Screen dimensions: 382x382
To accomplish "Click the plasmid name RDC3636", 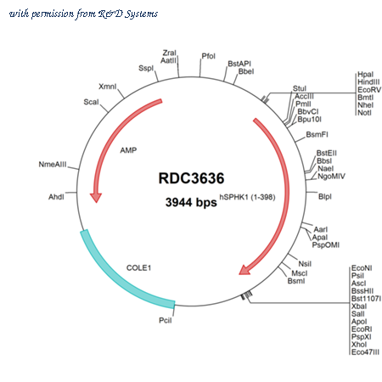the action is click(191, 178).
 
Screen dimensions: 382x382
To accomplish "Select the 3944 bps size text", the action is click(191, 202).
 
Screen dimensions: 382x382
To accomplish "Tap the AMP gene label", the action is click(128, 150).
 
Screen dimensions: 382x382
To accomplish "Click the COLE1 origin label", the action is click(138, 267).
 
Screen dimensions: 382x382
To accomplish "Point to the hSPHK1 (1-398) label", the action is click(247, 197).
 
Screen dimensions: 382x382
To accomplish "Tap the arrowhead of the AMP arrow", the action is click(96, 198).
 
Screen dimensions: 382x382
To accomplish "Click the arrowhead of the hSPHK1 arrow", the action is click(245, 270).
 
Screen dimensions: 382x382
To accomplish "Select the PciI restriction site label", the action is click(166, 320).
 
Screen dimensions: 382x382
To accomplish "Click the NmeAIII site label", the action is click(53, 165).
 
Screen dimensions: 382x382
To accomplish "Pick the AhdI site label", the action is click(56, 197).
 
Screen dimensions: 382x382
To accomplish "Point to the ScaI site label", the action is click(91, 102).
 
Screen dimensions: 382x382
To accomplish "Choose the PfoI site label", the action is click(209, 56).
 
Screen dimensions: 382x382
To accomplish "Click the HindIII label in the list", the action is click(368, 82).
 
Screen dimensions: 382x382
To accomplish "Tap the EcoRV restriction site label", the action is click(369, 90).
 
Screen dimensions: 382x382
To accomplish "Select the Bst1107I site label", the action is click(366, 299).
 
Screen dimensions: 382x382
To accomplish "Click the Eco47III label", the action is click(365, 352).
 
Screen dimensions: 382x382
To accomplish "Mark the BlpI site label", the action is click(325, 196).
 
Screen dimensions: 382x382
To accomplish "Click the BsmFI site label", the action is click(317, 134).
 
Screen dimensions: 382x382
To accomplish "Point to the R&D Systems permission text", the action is click(83, 14).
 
